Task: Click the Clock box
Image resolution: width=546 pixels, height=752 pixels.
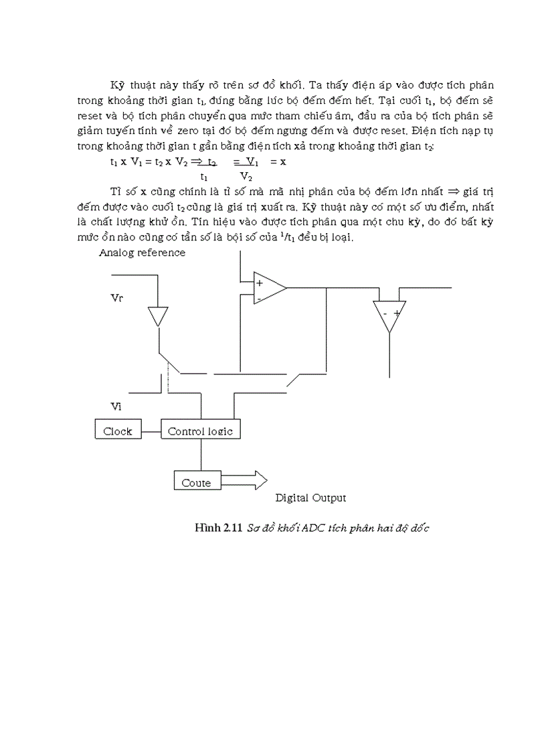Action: [x=118, y=431]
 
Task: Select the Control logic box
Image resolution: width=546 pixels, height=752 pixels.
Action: [x=200, y=431]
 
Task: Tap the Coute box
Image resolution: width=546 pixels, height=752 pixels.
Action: [x=197, y=482]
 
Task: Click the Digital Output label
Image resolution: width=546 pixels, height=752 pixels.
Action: [x=310, y=498]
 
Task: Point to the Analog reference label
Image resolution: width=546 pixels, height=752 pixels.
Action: [x=142, y=252]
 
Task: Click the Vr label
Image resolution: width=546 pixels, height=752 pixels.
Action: [x=116, y=298]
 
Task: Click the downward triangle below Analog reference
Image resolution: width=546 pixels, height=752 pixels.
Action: [x=157, y=315]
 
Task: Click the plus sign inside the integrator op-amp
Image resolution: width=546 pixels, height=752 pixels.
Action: [x=260, y=283]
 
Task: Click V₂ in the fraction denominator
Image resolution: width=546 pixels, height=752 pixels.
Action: [x=246, y=177]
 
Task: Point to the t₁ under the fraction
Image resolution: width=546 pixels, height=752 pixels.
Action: [x=204, y=177]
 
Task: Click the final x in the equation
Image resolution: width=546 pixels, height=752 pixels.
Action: [x=283, y=161]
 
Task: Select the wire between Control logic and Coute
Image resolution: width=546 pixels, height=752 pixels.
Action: [x=201, y=455]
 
